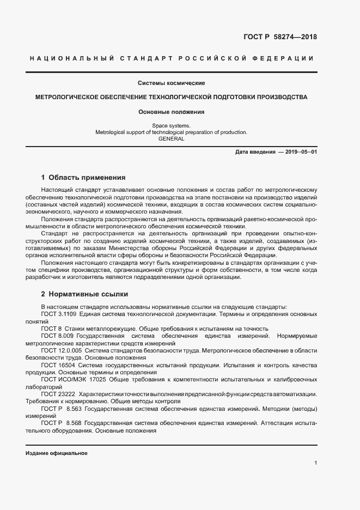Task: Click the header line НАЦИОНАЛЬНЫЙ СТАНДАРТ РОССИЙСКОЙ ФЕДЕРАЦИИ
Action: (x=171, y=58)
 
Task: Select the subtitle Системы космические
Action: (x=171, y=83)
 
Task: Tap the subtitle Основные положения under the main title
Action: (x=171, y=112)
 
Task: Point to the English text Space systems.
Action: (x=171, y=125)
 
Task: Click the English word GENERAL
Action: (x=171, y=138)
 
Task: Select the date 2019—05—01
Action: (x=297, y=151)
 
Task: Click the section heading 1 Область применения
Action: (x=83, y=178)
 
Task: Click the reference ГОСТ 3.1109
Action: (x=58, y=314)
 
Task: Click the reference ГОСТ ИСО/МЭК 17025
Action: (x=72, y=379)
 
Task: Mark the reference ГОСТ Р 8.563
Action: (x=60, y=408)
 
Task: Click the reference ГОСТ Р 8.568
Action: (x=60, y=422)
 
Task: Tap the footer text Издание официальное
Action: (x=56, y=453)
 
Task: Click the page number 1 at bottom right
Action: (x=315, y=463)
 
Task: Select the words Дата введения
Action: (x=255, y=151)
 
